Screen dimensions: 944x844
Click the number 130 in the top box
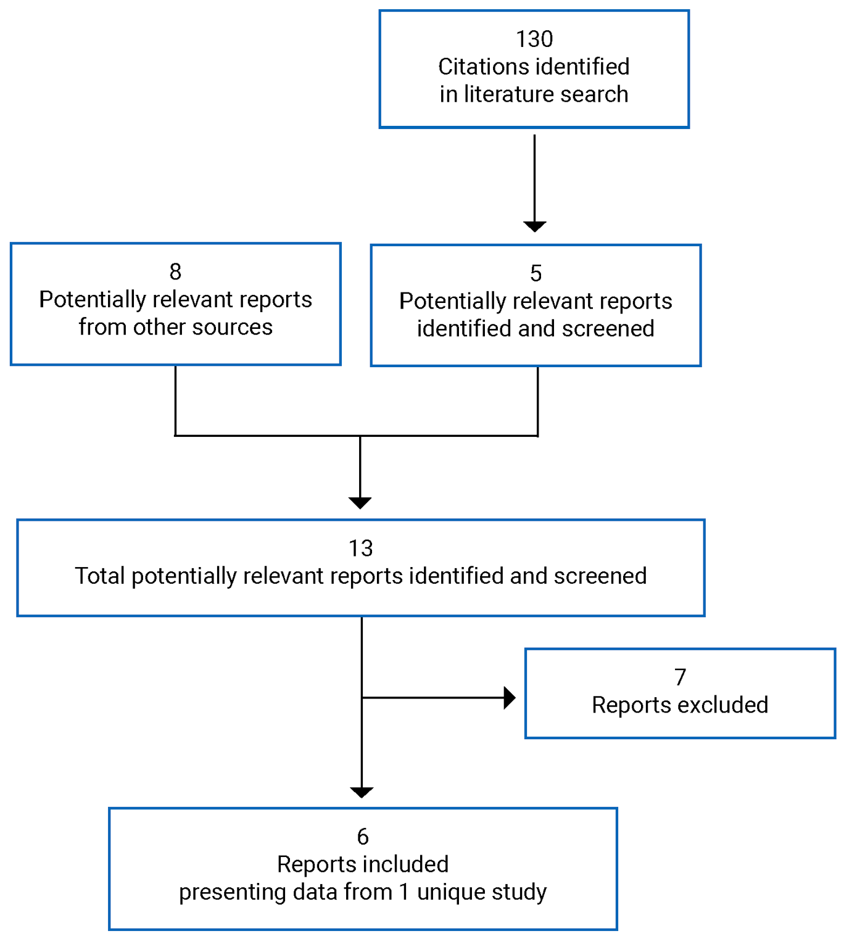534,39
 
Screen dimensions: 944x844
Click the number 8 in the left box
175,271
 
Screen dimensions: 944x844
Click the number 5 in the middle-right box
536,273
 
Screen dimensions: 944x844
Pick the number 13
360,549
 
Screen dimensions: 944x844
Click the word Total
100,576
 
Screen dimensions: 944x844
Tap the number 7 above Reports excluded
680,677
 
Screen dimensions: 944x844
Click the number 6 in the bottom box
363,837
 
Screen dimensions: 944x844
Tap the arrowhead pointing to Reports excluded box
509,698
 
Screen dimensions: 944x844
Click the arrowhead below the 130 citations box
534,226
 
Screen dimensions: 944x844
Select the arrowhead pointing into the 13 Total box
360,502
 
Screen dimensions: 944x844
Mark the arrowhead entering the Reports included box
362,792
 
